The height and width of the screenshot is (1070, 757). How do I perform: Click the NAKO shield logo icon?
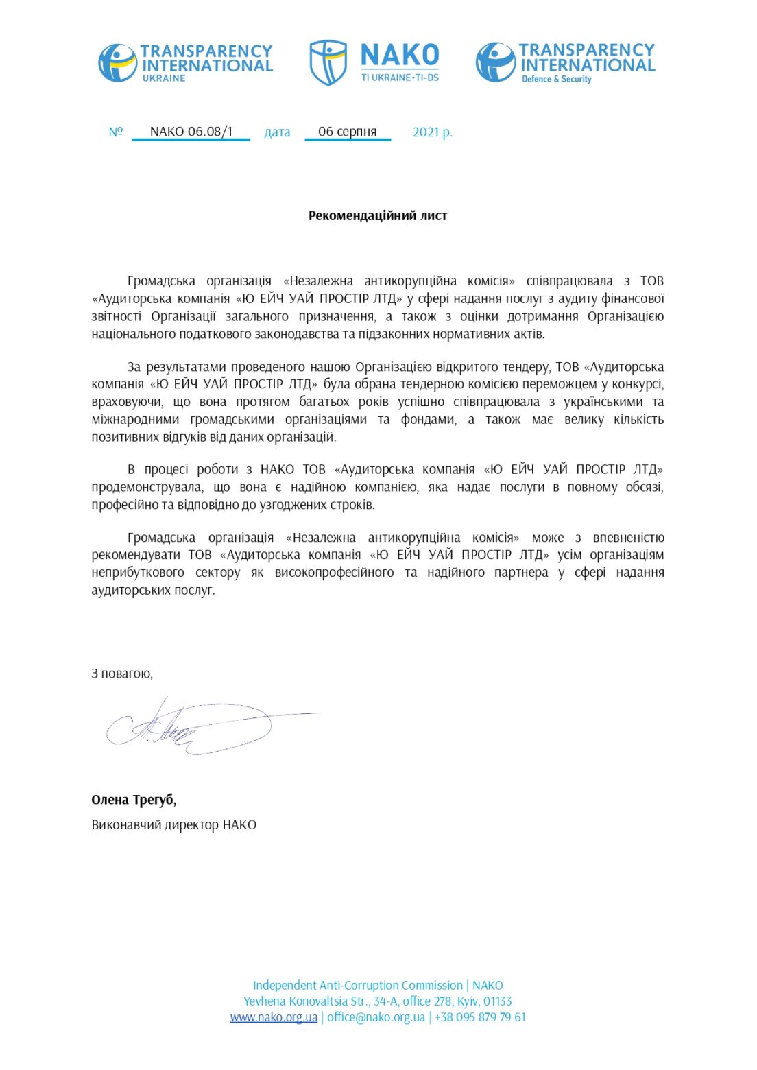point(328,62)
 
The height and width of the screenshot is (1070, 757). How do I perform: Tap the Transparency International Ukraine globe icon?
point(117,63)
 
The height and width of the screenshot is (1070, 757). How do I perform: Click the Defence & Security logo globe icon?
point(495,62)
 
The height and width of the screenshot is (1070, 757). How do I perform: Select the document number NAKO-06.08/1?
point(191,131)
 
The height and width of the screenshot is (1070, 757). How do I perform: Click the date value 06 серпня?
point(348,131)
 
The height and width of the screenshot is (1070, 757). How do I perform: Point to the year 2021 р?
point(432,132)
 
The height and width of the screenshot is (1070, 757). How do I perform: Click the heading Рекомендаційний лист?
point(378,215)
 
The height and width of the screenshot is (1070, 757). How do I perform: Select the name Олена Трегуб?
point(134,799)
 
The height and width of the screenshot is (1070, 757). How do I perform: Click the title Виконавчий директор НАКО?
point(174,824)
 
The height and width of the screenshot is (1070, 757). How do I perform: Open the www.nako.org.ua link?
point(274,1016)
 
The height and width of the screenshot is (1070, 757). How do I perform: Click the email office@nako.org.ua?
point(376,1016)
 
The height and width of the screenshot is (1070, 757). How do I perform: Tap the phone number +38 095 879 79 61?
point(480,1016)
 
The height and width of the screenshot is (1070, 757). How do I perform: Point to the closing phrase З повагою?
point(122,674)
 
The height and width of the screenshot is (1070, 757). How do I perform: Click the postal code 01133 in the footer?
point(496,1001)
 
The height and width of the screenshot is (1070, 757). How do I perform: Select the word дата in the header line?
point(277,132)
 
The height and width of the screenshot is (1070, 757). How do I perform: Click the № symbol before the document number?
point(115,132)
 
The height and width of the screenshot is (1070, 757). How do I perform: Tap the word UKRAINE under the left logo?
point(164,78)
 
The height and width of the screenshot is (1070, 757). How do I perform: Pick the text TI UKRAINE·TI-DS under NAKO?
point(400,78)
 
